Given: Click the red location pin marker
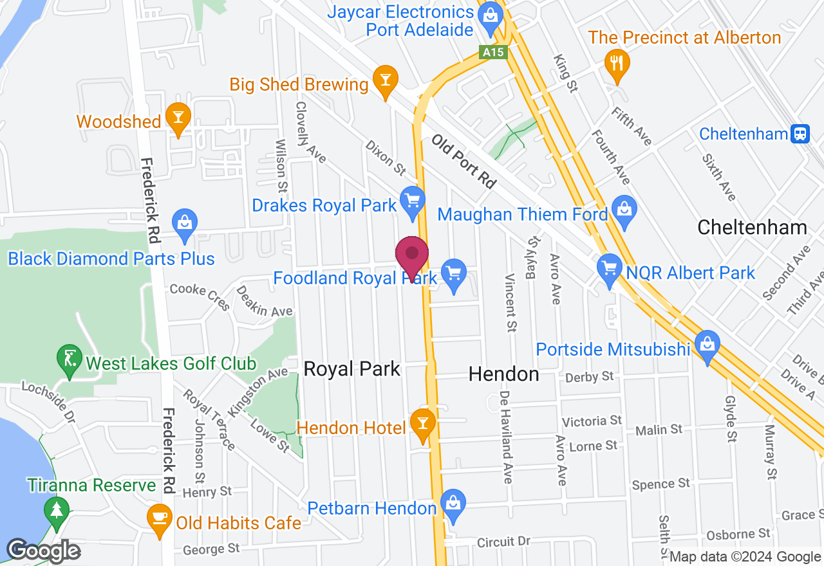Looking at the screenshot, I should coord(412,256).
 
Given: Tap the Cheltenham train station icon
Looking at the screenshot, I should coord(801,133).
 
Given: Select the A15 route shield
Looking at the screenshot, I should coord(494,52).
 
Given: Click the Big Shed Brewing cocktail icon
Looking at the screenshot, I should coord(385,80).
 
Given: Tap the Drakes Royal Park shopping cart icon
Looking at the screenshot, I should coord(412,201).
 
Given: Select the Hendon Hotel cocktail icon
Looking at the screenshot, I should coord(423,424).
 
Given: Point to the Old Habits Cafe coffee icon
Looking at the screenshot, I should coord(158,518).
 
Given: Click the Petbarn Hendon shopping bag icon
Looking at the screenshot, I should coord(454,504).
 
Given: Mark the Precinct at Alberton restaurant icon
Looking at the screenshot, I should coord(617,62).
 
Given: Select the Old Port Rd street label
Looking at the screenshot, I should coord(464,161).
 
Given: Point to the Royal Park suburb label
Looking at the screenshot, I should coord(352,369).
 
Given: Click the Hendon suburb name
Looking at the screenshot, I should coord(503,374).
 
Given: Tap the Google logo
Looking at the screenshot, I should coord(43,551).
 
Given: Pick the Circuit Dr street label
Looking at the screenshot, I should coord(503,542).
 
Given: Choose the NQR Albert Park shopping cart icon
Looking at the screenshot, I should coord(609,268).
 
